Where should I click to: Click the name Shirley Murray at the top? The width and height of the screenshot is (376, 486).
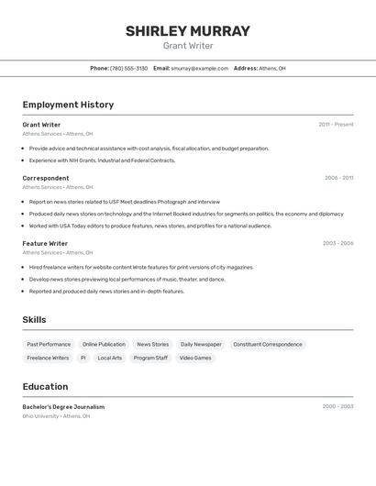(187, 31)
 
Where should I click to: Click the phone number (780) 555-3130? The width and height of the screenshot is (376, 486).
(128, 68)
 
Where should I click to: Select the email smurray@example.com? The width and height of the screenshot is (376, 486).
(199, 68)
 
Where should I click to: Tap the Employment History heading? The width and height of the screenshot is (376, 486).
(68, 105)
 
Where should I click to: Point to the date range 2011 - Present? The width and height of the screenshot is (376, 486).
(336, 125)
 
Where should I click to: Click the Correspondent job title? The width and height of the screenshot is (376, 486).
(46, 178)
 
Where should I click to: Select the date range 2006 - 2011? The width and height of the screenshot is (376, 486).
(338, 178)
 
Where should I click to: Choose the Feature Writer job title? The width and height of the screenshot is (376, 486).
(45, 243)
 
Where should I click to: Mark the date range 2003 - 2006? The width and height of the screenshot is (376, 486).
(337, 243)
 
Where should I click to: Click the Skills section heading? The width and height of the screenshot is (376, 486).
(34, 320)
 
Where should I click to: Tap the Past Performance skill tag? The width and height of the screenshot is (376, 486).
(49, 344)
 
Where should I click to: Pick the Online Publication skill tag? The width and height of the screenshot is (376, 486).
(104, 344)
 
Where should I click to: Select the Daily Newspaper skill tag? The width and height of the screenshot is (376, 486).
(201, 344)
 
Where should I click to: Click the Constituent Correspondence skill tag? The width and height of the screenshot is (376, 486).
(267, 344)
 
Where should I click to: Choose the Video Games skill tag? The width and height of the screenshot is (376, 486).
(195, 358)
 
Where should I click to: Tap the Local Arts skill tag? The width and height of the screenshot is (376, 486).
(110, 358)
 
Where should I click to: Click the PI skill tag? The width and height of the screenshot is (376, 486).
(83, 358)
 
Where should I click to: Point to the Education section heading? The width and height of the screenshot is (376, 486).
(45, 387)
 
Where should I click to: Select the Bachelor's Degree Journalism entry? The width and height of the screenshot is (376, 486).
(63, 406)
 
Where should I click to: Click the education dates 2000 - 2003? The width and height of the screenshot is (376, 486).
(337, 406)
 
